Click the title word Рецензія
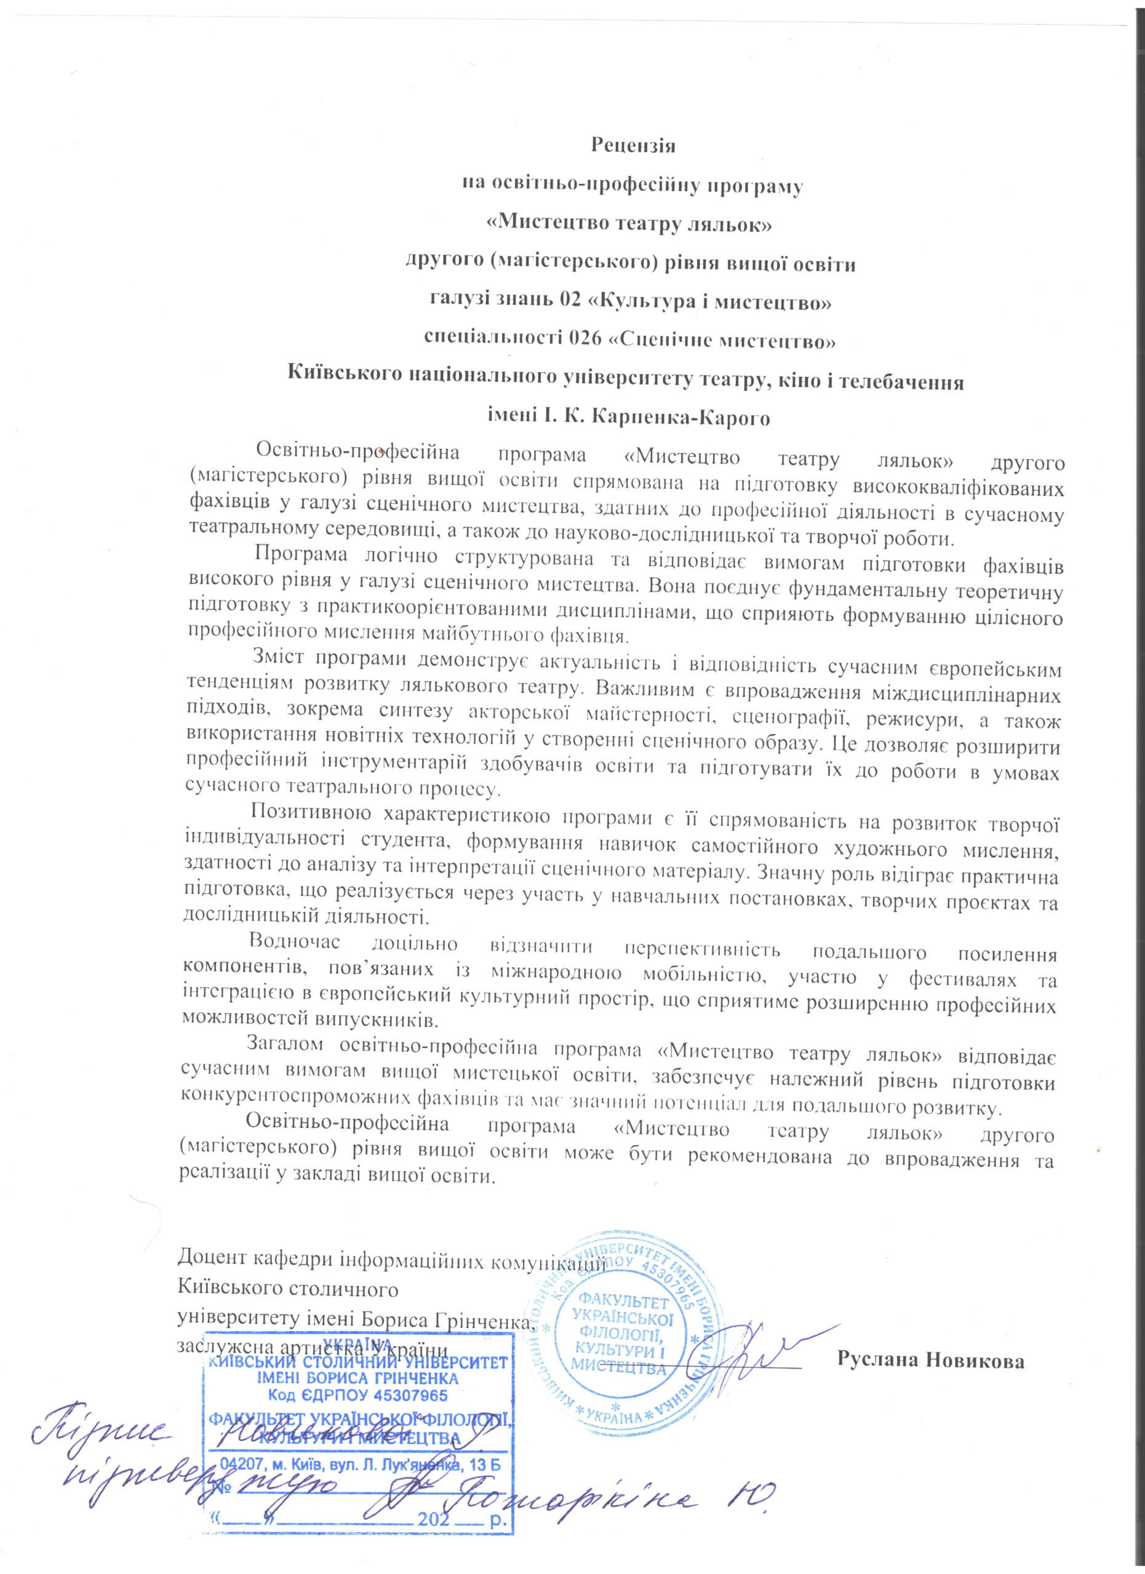click(x=632, y=146)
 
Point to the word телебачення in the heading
click(x=904, y=381)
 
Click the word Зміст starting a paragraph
click(x=276, y=656)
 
